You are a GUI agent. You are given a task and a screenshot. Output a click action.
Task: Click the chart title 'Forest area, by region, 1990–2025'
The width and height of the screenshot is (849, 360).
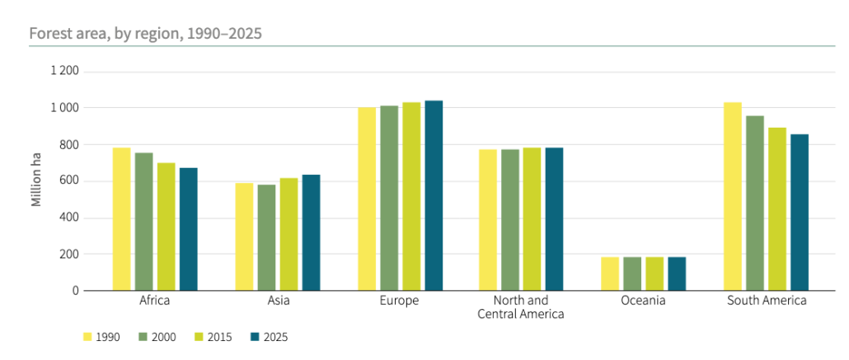146,34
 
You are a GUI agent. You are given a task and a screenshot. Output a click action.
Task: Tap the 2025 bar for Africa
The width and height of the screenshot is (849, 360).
188,229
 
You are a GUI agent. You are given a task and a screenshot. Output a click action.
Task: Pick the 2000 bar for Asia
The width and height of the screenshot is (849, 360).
266,238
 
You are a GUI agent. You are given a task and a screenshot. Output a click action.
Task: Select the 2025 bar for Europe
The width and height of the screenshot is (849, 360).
434,196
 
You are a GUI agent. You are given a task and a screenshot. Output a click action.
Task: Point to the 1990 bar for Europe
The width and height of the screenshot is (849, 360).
367,199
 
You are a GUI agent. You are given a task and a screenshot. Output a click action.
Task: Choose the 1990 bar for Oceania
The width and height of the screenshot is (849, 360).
610,274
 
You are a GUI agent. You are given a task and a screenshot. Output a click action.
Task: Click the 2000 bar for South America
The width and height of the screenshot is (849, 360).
755,203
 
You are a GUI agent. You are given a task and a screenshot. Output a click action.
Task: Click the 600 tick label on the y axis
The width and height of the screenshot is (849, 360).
69,181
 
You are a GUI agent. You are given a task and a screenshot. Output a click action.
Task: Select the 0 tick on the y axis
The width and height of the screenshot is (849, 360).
75,291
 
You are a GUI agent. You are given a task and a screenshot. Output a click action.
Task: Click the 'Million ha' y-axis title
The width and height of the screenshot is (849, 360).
36,181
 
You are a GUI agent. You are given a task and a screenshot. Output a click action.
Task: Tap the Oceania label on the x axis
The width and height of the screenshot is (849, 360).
643,301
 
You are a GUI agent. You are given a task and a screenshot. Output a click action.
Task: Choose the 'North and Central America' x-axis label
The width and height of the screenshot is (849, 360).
520,307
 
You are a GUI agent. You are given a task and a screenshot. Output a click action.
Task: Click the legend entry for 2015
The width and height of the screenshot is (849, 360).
211,337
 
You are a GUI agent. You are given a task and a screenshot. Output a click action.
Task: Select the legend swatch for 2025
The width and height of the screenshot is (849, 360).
255,337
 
